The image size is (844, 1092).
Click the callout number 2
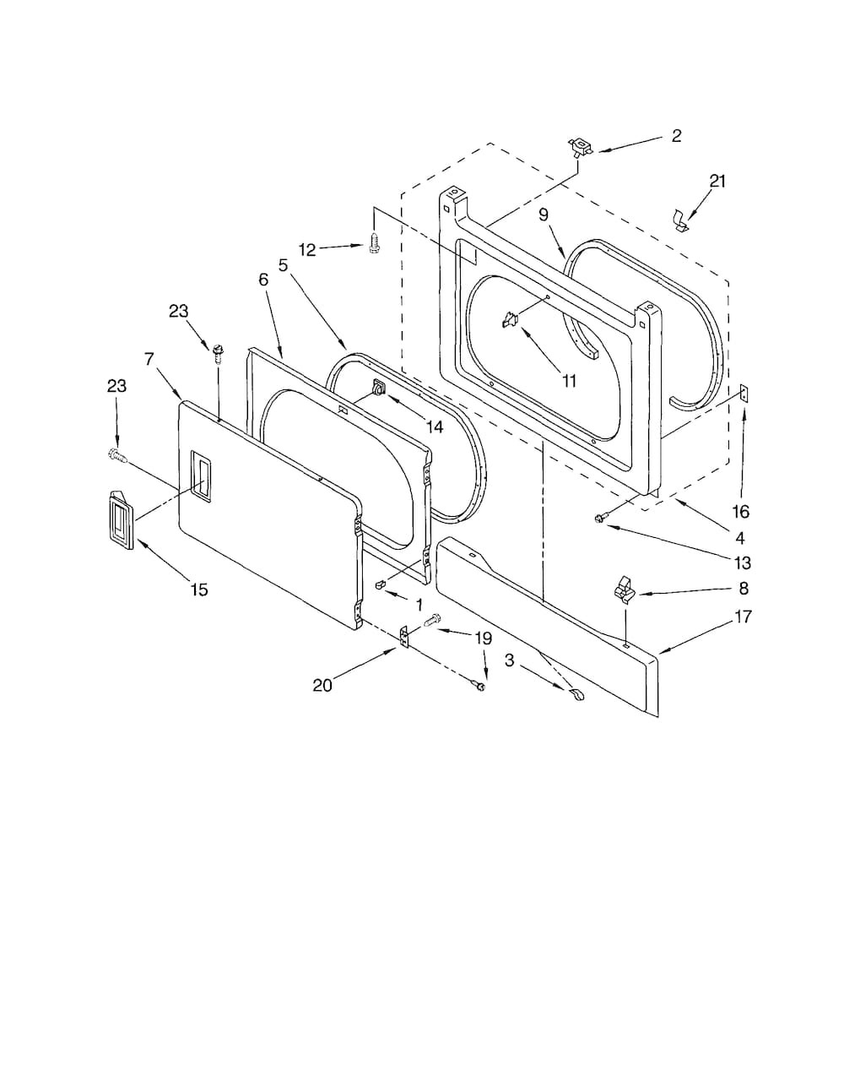coord(676,136)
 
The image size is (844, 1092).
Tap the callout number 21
coord(717,181)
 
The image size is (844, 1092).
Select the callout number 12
coord(307,250)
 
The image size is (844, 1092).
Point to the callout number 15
coord(199,589)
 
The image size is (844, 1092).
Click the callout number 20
coord(322,685)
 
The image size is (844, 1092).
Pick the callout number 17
coord(743,617)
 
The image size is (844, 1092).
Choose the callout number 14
coord(435,427)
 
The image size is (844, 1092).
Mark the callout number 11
coord(569,381)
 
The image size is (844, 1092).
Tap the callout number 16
coord(741,512)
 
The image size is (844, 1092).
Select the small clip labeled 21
coord(681,220)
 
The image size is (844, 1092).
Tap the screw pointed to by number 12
coord(373,246)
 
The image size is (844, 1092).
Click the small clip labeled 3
coord(577,695)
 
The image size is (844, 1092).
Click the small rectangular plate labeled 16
coord(744,393)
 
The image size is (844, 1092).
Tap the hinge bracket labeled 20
coord(403,637)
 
